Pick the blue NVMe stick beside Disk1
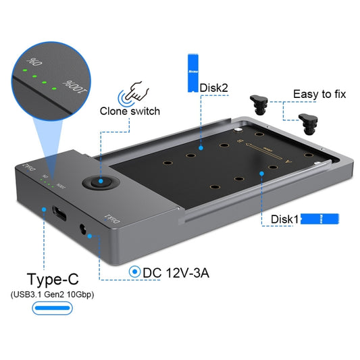(x=319, y=220)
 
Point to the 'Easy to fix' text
(x=319, y=94)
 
